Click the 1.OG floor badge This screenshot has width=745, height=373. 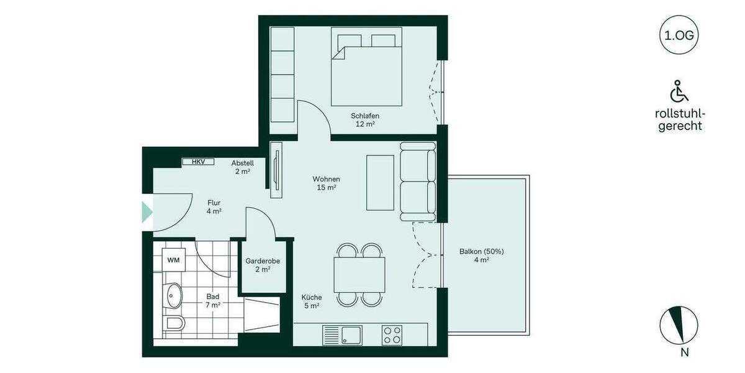click(x=679, y=35)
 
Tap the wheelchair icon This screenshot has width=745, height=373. click(x=679, y=91)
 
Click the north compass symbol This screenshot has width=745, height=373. click(x=679, y=326)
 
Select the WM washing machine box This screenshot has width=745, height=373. click(x=173, y=260)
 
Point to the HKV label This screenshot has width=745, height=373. click(x=198, y=162)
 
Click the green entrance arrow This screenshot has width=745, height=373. click(x=147, y=212)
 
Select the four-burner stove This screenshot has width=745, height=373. click(x=392, y=336)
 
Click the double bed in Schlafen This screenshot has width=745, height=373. click(x=366, y=67)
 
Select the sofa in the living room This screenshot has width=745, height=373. click(x=418, y=181)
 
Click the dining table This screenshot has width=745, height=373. click(x=359, y=275)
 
